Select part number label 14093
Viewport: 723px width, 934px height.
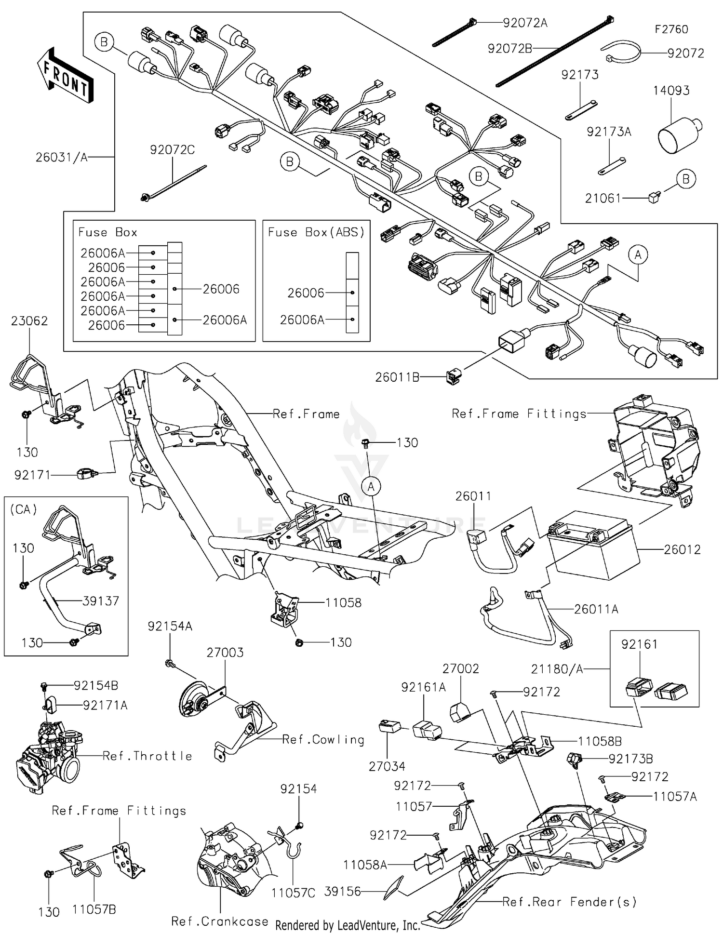coord(671,91)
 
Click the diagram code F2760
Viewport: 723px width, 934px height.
coord(671,29)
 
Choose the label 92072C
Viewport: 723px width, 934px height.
coord(172,150)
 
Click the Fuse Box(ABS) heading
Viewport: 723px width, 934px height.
coord(316,232)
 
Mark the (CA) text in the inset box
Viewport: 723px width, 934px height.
coord(23,509)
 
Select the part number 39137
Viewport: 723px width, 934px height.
coord(100,600)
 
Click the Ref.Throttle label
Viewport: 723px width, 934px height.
coord(147,756)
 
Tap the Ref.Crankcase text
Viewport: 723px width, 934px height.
coord(220,921)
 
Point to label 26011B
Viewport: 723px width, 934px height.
coord(397,377)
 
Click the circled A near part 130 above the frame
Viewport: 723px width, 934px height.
coord(371,487)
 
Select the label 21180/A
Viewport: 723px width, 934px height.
coord(557,669)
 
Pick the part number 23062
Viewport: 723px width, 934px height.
coord(29,321)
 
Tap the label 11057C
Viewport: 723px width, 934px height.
coord(293,893)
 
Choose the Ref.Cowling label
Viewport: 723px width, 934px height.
coord(323,739)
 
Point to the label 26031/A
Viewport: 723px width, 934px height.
coord(62,157)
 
